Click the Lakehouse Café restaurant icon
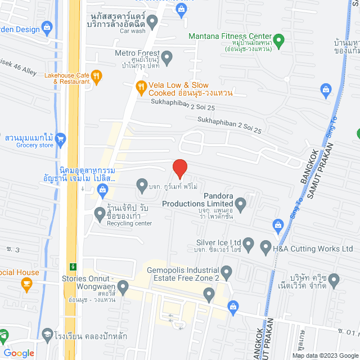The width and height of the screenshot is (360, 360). [96, 77]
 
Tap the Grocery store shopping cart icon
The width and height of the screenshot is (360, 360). [61, 138]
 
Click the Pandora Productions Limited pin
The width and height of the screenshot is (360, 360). [241, 203]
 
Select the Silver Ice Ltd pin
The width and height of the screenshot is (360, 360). [249, 245]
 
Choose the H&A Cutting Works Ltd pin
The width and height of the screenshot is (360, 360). [264, 248]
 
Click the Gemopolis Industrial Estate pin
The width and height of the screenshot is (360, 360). [227, 273]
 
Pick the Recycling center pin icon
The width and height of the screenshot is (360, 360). [100, 213]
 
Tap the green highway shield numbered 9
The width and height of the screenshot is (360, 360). [73, 265]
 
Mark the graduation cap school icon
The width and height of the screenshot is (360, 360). [46, 334]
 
